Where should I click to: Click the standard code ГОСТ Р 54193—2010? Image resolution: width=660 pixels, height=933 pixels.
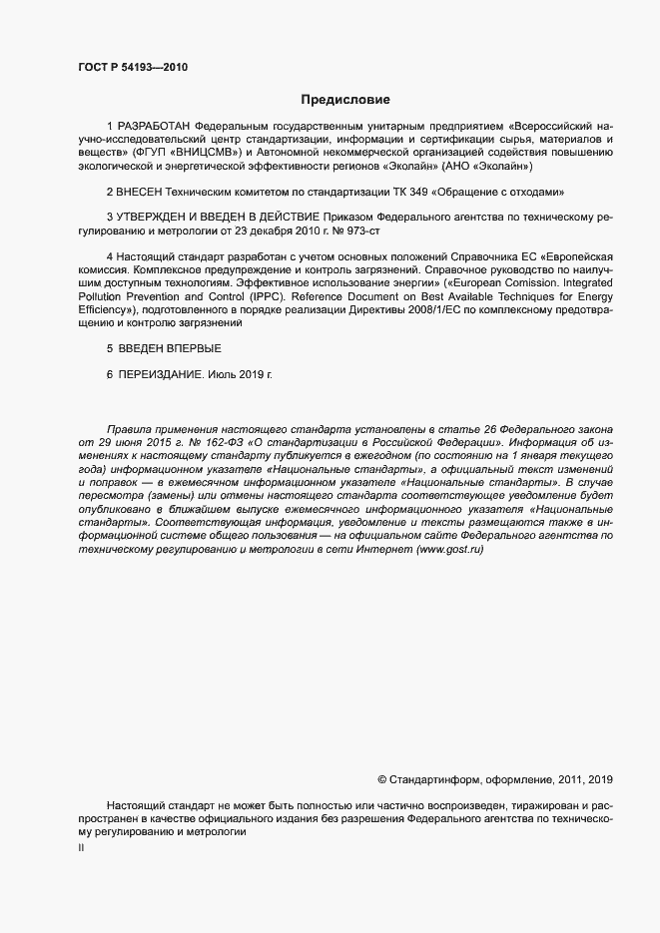(132, 68)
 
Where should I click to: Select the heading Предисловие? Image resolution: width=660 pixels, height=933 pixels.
(346, 100)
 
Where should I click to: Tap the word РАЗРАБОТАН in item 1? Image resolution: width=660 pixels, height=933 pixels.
(156, 127)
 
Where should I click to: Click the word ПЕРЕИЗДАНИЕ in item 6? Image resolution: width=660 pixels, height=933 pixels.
(160, 375)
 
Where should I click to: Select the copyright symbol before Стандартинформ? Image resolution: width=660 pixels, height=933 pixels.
(382, 778)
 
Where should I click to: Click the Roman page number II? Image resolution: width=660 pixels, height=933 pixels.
(82, 848)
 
